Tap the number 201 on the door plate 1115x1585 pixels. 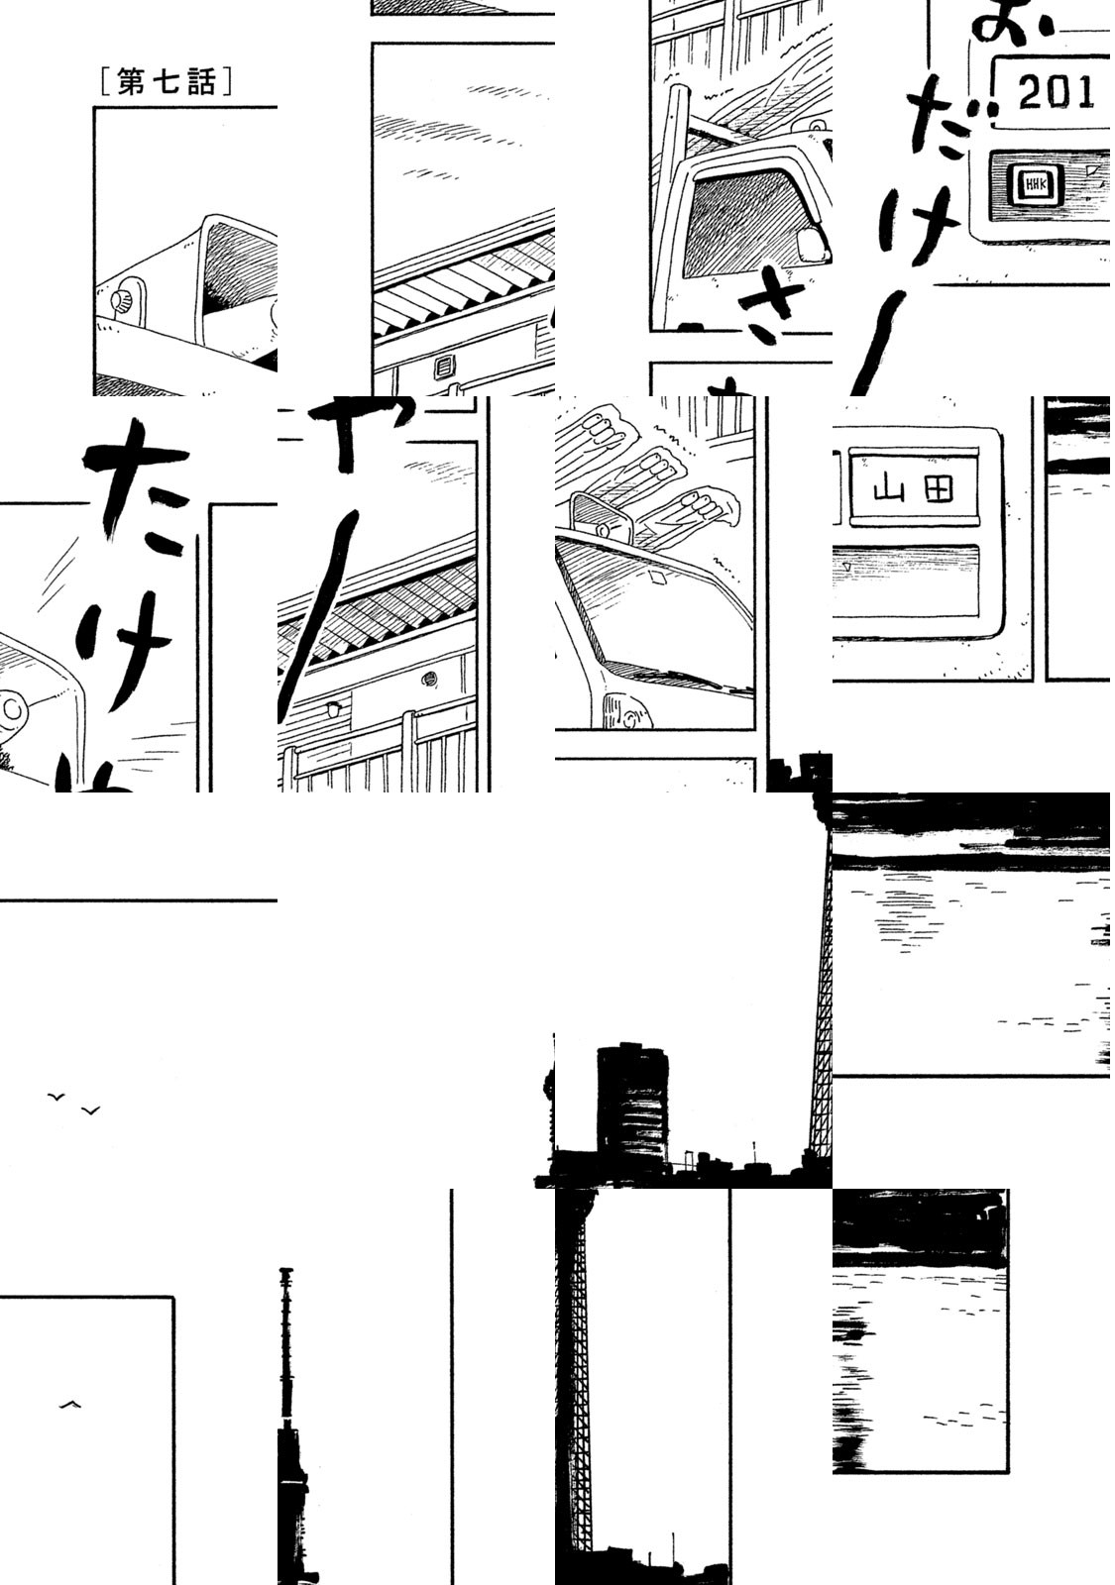(1056, 93)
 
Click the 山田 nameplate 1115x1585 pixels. (910, 488)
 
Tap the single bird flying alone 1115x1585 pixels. (69, 1404)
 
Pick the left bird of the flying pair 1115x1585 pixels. (56, 1096)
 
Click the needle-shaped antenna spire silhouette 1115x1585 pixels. (288, 1387)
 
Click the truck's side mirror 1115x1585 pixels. (812, 244)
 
